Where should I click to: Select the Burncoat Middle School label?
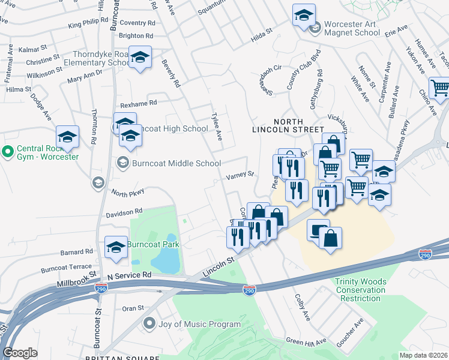169,163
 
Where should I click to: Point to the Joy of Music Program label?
191,325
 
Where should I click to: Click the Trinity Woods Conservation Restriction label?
361,290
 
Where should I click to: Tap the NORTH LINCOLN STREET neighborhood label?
289,124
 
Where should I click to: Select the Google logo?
20,353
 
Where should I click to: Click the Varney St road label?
240,176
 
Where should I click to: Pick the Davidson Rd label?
124,212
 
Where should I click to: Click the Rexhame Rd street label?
138,103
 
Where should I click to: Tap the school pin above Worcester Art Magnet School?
304,14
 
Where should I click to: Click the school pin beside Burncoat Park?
116,247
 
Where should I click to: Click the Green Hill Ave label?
306,342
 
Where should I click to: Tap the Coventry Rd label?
137,23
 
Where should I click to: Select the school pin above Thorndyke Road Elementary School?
140,57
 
